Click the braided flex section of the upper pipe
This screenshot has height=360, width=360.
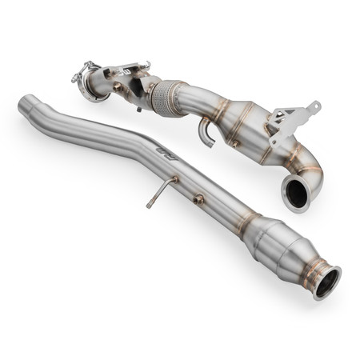click(166, 98)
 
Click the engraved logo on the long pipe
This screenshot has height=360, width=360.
click(166, 153)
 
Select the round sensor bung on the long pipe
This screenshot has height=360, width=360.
click(198, 198)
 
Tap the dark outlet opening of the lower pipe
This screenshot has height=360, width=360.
click(327, 282)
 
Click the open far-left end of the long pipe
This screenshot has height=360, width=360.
click(26, 104)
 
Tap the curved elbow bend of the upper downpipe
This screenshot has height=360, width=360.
click(308, 164)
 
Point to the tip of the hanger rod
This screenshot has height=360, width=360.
click(150, 206)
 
